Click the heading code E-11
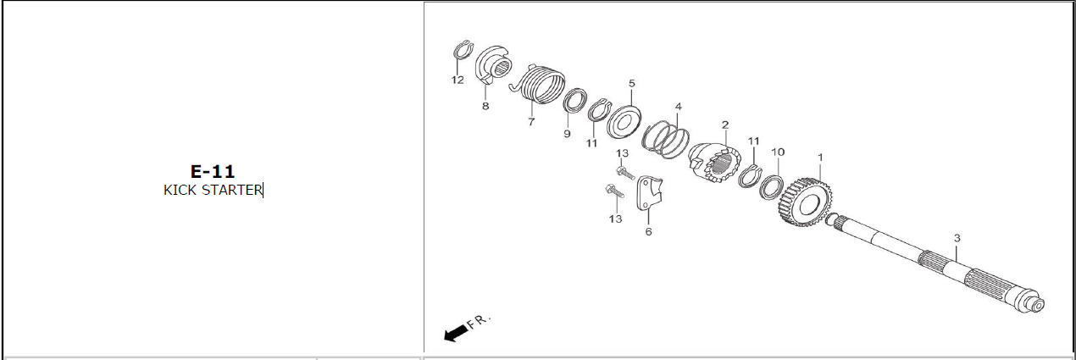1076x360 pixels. point(213,171)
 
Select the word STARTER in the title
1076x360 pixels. point(232,190)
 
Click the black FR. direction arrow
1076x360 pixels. point(455,333)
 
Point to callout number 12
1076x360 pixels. point(458,80)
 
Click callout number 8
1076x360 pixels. point(485,106)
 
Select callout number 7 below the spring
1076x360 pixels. point(530,122)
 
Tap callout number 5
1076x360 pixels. point(632,83)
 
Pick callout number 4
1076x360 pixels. point(678,106)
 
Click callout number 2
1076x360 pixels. point(725,125)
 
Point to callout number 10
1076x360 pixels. point(778,152)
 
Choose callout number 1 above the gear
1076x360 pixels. point(820,157)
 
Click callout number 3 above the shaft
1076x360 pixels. point(957,237)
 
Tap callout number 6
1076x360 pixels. point(648,232)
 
